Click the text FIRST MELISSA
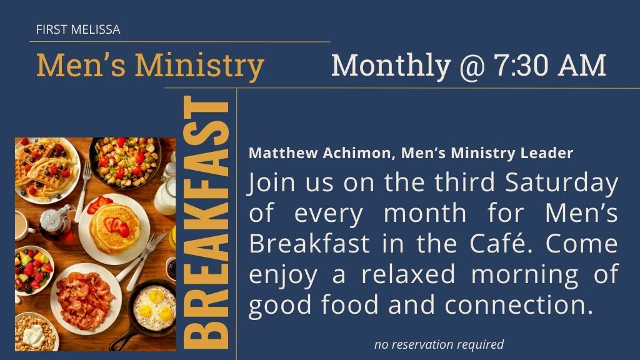click(78, 29)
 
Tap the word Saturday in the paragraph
click(562, 183)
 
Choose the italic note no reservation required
click(439, 344)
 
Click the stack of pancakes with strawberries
click(114, 229)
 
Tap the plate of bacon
click(85, 299)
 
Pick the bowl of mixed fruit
click(34, 269)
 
